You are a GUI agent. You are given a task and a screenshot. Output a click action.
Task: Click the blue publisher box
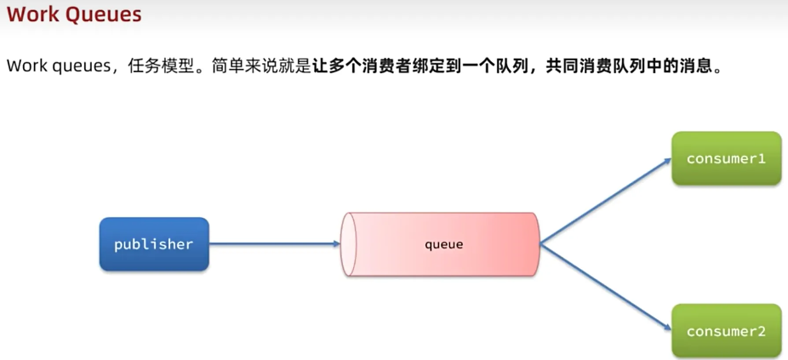[x=154, y=244]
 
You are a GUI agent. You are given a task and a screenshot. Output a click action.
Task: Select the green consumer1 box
[x=726, y=158]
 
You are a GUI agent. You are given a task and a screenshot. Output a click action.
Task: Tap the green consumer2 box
[x=726, y=331]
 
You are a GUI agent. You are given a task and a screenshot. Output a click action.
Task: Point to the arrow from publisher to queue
[x=272, y=244]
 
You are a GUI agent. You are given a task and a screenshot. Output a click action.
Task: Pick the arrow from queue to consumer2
[x=604, y=287]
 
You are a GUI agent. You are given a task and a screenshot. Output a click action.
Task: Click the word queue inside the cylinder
[x=443, y=244]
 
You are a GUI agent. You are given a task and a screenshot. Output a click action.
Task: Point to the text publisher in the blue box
[x=154, y=244]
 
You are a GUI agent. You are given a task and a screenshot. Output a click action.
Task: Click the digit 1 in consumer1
[x=762, y=158]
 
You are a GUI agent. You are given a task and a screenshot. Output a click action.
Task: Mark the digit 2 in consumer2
[x=762, y=331]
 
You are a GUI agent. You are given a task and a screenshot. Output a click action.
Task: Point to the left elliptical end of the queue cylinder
[x=347, y=244]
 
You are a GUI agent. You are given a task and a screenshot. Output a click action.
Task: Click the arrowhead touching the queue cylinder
[x=336, y=244]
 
